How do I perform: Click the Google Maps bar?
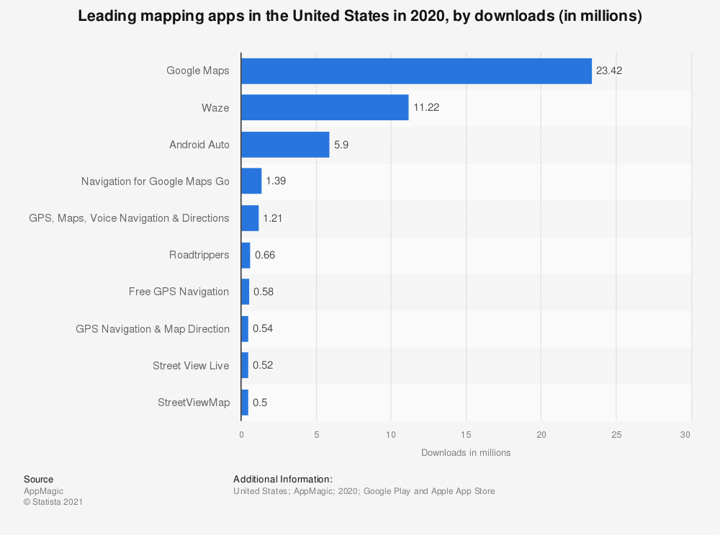pos(416,71)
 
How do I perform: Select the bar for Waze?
pos(325,107)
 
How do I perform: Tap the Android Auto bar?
pos(285,144)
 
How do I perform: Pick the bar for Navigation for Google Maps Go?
pos(251,181)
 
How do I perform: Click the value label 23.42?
pos(609,71)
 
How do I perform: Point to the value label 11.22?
pos(426,107)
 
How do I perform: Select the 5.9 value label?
pos(341,144)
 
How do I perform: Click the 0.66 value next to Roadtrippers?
pos(265,255)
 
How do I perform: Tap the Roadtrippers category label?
pos(199,255)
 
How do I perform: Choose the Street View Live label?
pos(191,365)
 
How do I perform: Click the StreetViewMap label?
pos(194,403)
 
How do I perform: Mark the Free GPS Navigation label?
pos(179,292)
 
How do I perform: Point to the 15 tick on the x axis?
pos(467,435)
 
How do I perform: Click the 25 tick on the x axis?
pos(616,435)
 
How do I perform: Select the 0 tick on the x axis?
pos(241,435)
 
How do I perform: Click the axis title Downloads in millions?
pos(466,453)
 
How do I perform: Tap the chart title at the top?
pos(360,17)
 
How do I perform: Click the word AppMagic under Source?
pos(44,491)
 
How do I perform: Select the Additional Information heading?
pos(283,479)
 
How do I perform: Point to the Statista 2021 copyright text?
pos(53,502)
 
